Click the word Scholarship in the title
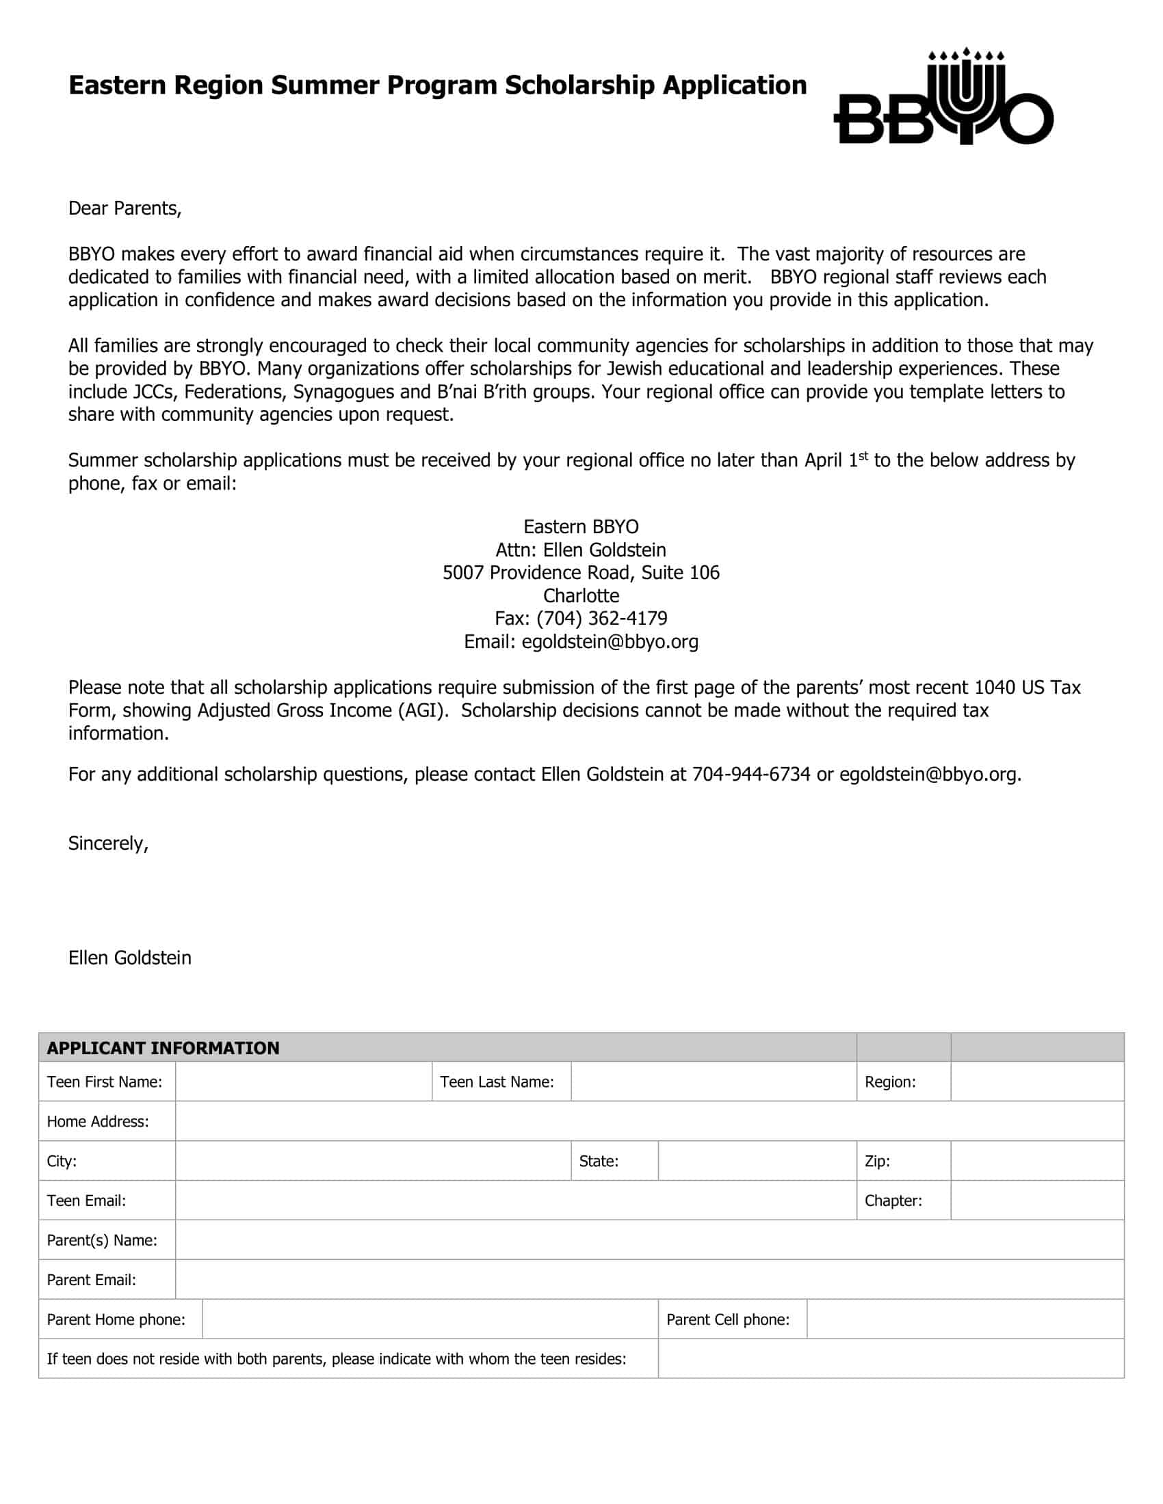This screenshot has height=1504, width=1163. click(579, 85)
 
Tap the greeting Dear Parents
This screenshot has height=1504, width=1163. click(125, 208)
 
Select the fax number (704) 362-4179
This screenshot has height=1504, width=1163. click(601, 618)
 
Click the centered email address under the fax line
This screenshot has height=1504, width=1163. click(610, 641)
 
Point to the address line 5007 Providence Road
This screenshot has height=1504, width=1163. click(581, 572)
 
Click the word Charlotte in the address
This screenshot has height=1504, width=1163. click(581, 595)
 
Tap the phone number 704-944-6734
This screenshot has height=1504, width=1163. click(751, 774)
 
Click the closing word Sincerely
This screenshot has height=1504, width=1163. click(108, 843)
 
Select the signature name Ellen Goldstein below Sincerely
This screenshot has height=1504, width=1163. click(129, 957)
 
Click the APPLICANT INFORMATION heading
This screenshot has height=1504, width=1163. click(164, 1047)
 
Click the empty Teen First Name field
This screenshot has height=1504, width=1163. click(303, 1082)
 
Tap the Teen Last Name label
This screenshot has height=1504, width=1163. click(497, 1082)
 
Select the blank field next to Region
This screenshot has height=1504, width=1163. click(1037, 1082)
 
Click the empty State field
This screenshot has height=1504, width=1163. click(757, 1160)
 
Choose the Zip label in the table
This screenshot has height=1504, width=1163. click(877, 1161)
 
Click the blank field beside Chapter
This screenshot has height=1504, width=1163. click(1037, 1200)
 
